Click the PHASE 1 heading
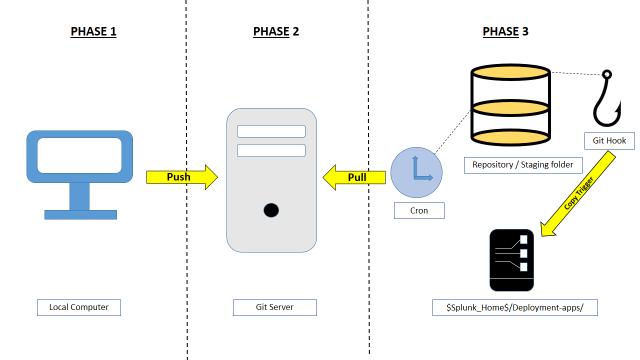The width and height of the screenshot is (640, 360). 93,31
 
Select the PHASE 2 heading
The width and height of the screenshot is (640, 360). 276,31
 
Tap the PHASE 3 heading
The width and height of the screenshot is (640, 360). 505,31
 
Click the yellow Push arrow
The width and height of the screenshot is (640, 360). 182,177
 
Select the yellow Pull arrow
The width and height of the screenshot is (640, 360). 354,178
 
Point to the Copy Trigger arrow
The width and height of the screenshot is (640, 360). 578,194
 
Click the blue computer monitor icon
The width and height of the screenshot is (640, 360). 80,175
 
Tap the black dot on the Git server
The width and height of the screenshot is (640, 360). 271,210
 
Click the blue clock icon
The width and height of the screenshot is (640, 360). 416,173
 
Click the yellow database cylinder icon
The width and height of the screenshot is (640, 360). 510,105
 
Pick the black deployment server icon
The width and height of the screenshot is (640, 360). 511,260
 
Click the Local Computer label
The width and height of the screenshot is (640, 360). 79,307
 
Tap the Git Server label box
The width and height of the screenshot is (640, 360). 275,307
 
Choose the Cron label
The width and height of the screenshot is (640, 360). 419,211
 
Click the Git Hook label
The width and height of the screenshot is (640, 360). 609,141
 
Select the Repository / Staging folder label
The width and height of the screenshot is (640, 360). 523,165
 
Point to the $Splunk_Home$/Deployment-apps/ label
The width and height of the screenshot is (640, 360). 515,307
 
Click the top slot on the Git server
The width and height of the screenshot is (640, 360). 271,131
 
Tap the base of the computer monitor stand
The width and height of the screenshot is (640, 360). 80,215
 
